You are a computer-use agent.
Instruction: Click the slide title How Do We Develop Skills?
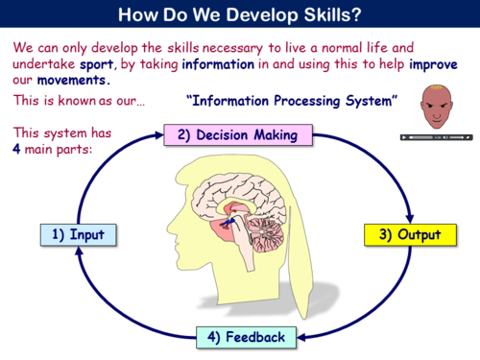pos(240,14)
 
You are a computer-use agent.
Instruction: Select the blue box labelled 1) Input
pos(79,234)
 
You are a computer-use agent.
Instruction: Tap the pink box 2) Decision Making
pos(239,135)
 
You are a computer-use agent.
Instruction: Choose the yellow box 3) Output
pos(406,234)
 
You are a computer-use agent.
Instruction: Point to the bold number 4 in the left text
pos(18,150)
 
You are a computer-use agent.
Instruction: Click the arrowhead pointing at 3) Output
pos(409,216)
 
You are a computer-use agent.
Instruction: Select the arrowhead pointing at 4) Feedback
pos(301,337)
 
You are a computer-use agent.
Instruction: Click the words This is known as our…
pos(79,101)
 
